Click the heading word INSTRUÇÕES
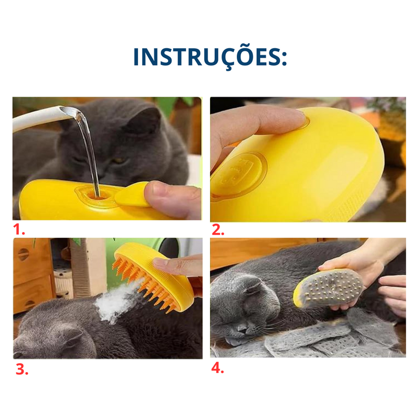coord(209,57)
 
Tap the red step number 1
coord(19,230)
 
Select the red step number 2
coord(218,230)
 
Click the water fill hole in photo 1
coord(96,195)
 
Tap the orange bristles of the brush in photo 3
coord(143,281)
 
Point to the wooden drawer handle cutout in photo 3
coord(23,254)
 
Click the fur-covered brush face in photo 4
coord(331,288)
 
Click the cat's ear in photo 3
coord(72,335)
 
